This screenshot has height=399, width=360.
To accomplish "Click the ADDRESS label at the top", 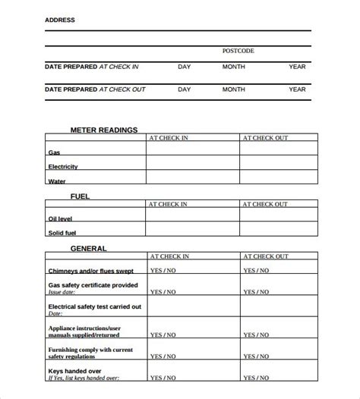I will [60, 20].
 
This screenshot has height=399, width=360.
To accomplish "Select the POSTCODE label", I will [238, 51].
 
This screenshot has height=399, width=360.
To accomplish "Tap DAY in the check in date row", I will [184, 67].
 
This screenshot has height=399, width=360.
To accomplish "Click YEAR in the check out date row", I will [297, 90].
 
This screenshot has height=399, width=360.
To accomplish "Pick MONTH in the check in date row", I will [233, 67].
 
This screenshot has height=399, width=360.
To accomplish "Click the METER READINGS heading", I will [104, 130].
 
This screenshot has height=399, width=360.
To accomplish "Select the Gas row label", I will [54, 152].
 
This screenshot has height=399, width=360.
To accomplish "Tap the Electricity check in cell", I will [192, 165].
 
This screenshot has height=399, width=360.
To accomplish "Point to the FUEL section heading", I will [81, 196].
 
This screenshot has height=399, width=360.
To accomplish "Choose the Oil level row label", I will [62, 219].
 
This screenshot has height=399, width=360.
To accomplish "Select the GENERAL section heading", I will [89, 248].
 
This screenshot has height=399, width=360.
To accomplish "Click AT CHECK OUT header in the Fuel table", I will [265, 204].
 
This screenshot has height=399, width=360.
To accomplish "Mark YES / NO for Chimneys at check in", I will [163, 270].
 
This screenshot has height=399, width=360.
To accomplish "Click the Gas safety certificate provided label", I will [93, 285].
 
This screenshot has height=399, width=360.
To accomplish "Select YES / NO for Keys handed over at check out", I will [257, 376].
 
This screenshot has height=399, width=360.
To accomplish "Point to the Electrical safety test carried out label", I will [95, 306].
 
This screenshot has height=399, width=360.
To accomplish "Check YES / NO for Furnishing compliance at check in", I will [163, 355].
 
